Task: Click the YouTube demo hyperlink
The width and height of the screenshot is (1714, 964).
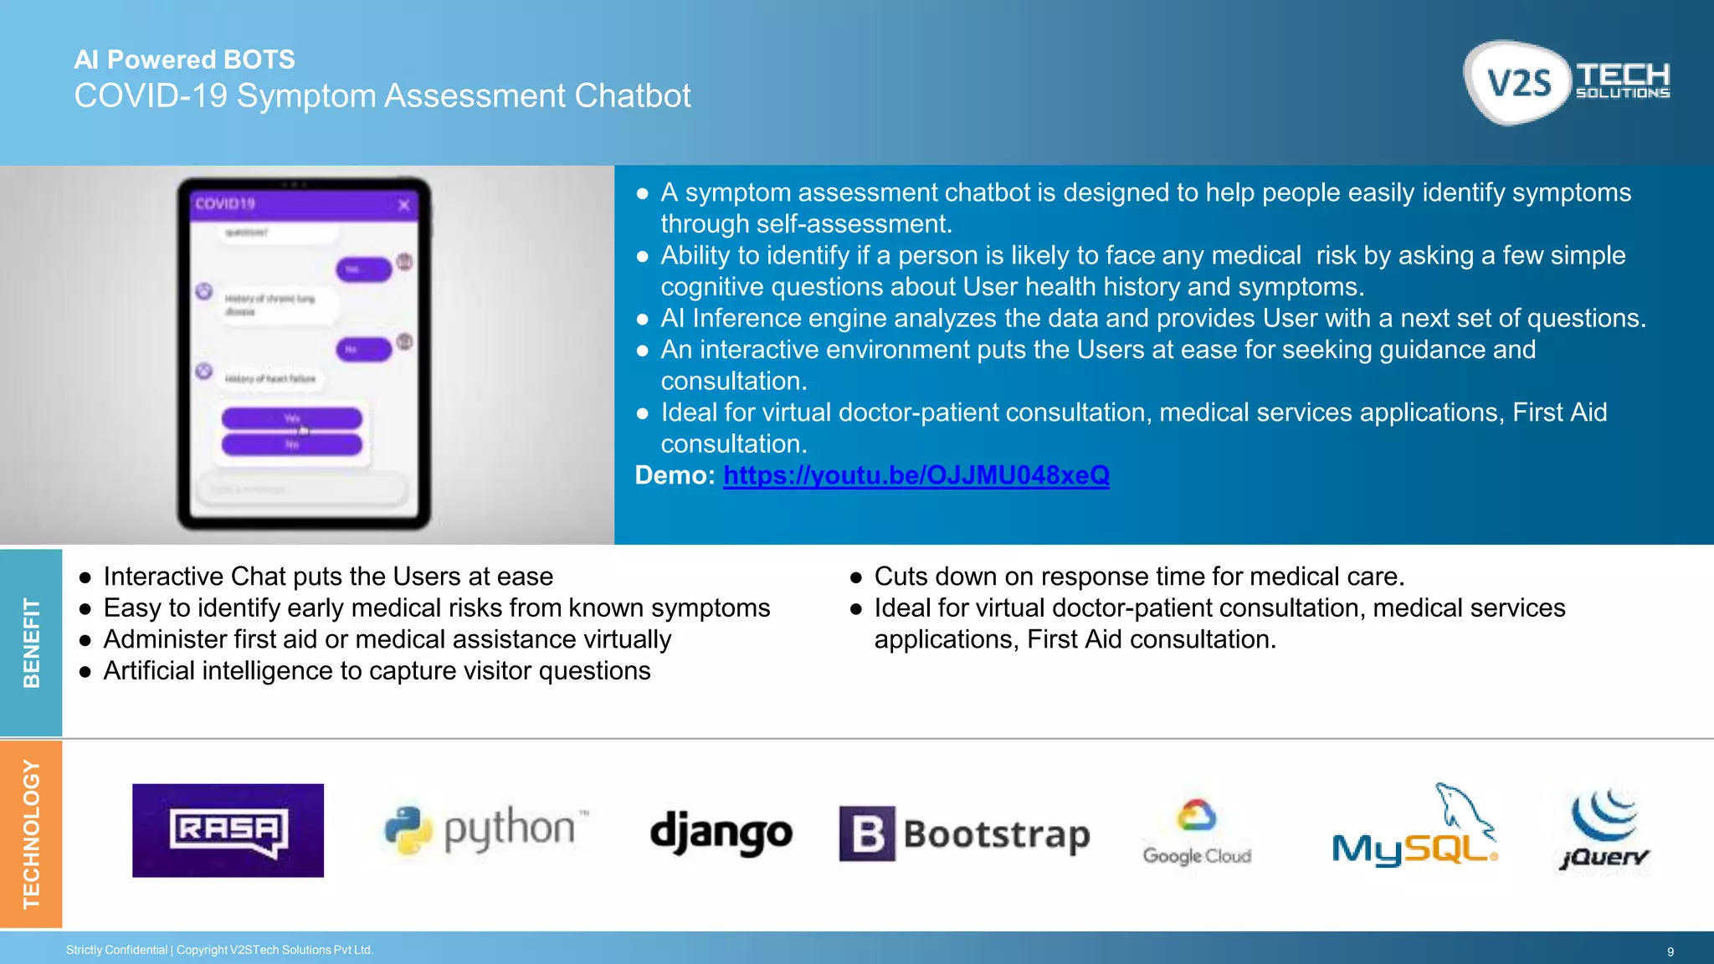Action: pos(916,475)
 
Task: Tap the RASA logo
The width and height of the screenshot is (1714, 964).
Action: pos(228,830)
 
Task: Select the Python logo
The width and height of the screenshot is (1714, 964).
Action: pos(485,829)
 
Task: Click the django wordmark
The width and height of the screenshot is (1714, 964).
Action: pos(721,833)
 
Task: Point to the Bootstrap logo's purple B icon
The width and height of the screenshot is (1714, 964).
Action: pos(867,833)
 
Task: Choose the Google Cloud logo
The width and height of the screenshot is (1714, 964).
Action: pos(1197,832)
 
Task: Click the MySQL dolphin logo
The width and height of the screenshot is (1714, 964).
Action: pos(1414,828)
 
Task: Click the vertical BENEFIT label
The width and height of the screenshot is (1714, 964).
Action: pos(31,643)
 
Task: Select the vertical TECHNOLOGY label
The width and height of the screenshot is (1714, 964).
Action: pos(31,833)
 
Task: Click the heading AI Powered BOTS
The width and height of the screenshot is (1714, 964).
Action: pos(184,59)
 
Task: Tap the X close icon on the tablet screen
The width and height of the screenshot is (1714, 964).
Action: pos(403,205)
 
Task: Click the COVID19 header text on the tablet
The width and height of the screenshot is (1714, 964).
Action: pos(224,203)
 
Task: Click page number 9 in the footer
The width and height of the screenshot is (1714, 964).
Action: pos(1670,951)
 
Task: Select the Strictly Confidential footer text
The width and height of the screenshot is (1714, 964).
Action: pos(117,950)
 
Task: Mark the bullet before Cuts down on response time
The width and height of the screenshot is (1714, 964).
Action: pos(855,577)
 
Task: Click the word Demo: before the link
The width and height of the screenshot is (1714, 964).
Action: pos(675,475)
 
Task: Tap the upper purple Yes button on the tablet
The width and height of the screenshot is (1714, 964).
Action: pos(291,418)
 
